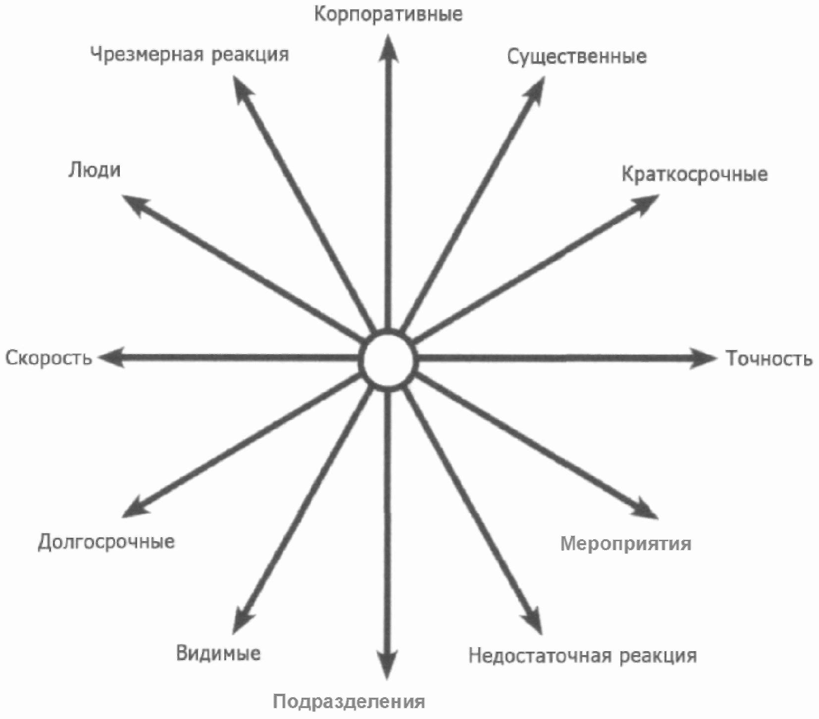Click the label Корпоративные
coord(388,14)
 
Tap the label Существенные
coord(577,56)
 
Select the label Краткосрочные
coord(695,174)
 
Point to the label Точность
coord(769,358)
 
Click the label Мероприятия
coord(626,544)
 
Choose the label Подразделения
coord(349,702)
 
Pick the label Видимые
coord(218,653)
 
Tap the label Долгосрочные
coord(106,542)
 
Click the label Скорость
coord(49,358)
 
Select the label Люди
coord(95,170)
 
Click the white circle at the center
coord(388,360)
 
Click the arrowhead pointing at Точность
coord(703,358)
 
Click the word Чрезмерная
coord(148,53)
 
